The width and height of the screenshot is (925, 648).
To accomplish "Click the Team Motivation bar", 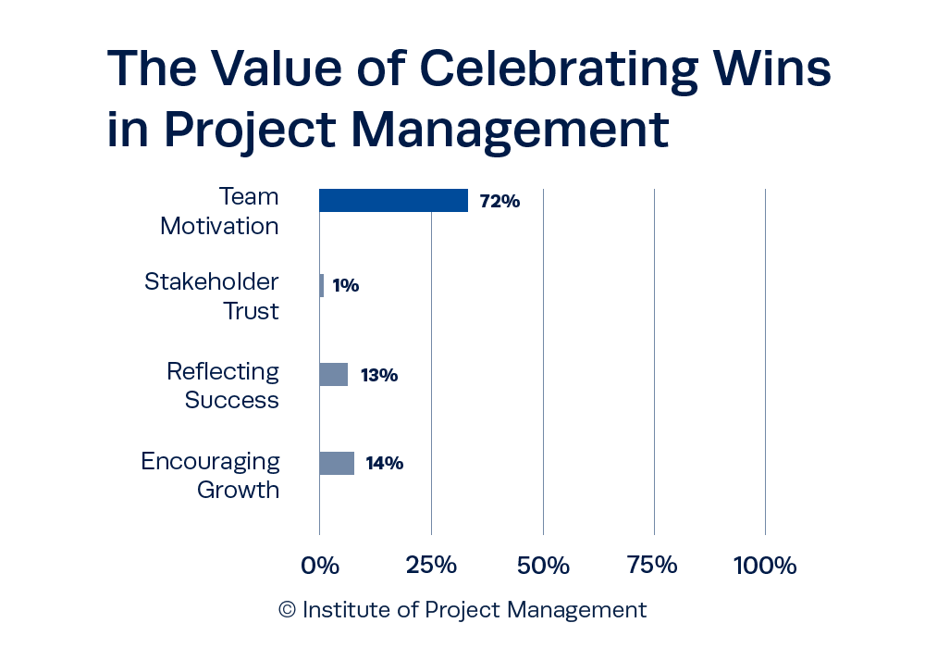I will point(394,200).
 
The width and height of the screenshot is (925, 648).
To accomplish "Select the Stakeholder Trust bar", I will point(322,285).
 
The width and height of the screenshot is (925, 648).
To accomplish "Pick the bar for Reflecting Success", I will point(334,375).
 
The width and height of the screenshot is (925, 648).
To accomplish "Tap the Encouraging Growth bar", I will point(338,463).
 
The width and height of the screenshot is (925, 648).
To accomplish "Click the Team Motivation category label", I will point(220,211).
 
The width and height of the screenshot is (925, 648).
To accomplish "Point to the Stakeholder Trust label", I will point(213,296).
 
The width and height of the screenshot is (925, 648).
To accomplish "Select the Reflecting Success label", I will point(224,385).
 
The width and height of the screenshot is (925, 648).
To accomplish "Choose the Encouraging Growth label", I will point(212,475).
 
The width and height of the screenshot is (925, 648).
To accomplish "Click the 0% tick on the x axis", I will point(320,565).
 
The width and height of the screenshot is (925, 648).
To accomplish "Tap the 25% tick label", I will point(431,565).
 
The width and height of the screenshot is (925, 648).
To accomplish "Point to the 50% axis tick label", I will point(543,565).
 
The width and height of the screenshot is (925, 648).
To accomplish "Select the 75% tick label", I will point(653,565).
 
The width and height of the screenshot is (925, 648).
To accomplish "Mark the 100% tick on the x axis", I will point(765,565).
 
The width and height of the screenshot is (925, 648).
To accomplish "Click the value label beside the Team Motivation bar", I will point(499,201).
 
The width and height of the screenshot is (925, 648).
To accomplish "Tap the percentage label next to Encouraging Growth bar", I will point(384,464).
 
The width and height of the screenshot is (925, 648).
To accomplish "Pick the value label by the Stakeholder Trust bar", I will point(345,286).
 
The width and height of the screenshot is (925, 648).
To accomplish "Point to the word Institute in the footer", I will point(342,610).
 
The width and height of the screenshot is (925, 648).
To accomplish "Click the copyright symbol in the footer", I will point(288,611).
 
